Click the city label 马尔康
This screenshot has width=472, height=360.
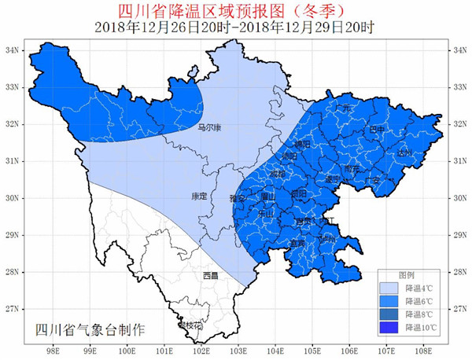208,127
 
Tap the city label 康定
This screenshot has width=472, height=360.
197,197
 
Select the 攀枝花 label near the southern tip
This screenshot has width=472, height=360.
189,325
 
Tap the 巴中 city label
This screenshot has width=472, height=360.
377,129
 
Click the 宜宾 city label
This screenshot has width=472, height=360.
299,244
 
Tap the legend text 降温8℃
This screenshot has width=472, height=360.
420,314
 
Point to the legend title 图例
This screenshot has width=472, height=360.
407,275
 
